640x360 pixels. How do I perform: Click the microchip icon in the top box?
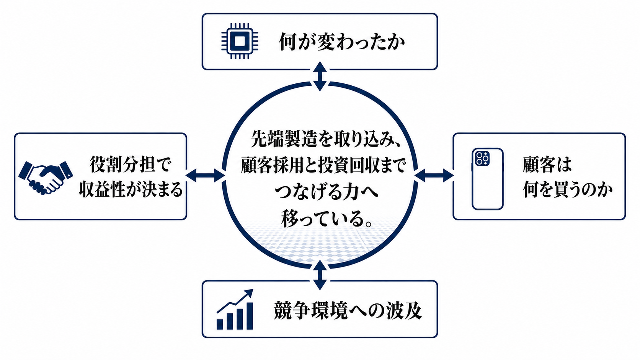click(x=240, y=41)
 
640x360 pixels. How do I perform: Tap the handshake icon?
click(x=46, y=178)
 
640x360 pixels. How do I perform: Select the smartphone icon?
click(x=487, y=179)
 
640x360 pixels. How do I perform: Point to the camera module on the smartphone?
click(x=482, y=158)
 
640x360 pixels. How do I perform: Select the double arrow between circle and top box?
click(x=320, y=76)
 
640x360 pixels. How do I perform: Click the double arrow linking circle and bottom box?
click(x=320, y=275)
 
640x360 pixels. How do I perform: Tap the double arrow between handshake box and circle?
click(x=205, y=175)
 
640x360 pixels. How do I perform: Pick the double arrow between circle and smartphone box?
click(x=434, y=175)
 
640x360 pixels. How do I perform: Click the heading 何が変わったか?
click(x=342, y=42)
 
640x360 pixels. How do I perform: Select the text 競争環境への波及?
click(x=348, y=310)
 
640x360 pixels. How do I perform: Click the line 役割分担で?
click(x=131, y=165)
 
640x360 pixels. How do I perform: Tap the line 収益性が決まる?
click(x=131, y=189)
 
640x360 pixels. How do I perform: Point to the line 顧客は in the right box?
click(x=547, y=165)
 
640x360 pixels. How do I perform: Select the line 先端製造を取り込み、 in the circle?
click(x=324, y=139)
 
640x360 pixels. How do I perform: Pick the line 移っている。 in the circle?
click(x=327, y=219)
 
